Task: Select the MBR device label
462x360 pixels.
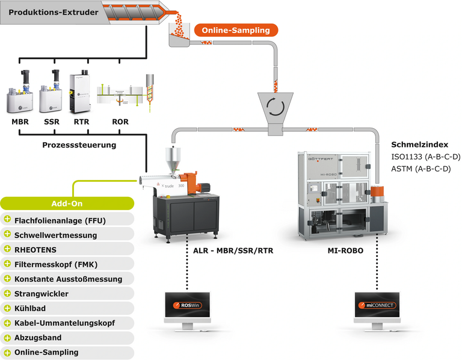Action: (x=20, y=122)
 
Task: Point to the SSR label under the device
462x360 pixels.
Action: (x=52, y=122)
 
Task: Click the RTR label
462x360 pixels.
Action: (x=81, y=122)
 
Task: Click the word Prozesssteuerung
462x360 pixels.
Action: (x=79, y=145)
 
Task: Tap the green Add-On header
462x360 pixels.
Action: (x=67, y=203)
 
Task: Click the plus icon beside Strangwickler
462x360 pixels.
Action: (x=7, y=293)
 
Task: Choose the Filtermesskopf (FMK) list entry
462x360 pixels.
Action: (x=56, y=264)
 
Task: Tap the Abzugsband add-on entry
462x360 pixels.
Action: (x=38, y=338)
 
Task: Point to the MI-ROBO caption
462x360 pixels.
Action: (x=345, y=250)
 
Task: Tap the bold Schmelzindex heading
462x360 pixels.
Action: (x=419, y=144)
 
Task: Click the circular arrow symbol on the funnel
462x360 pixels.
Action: (x=276, y=107)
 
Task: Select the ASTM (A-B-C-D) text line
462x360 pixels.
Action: (x=421, y=169)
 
